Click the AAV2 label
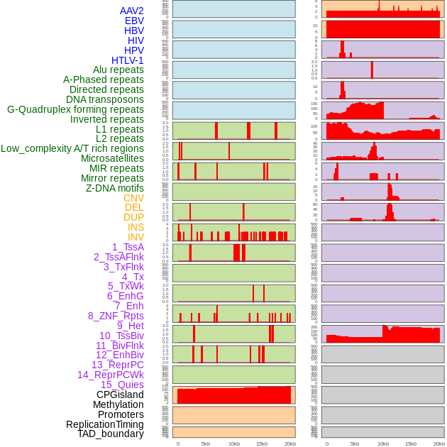pos(131,11)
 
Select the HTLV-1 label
pos(127,60)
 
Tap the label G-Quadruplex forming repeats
pos(75,109)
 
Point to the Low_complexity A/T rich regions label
pos(72,148)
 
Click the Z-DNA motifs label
pos(115,188)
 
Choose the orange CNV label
pos(133,198)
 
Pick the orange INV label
pos(136,237)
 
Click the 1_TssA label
pos(128,247)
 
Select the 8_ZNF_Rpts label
pos(116,316)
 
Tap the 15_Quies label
pos(122,385)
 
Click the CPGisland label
pos(120,394)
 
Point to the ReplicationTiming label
pos(104,424)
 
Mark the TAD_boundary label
pos(111,434)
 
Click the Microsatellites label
pos(112,158)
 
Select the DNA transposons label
pos(105,99)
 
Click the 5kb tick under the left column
pos(206,443)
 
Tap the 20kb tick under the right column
pos(439,443)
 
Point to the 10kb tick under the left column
pos(233,443)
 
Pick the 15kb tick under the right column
pos(411,443)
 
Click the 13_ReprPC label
pos(117,365)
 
